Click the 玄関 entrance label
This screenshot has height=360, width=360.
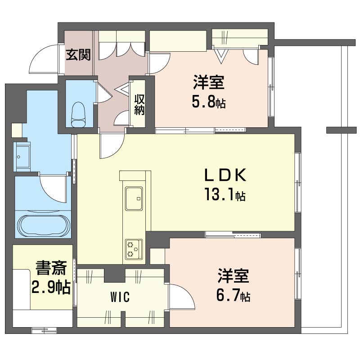tap(78, 54)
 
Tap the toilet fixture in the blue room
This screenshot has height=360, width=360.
tap(78, 114)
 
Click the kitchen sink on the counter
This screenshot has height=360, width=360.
tap(134, 198)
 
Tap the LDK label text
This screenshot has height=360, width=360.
tap(225, 175)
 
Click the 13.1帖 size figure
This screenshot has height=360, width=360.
tap(225, 195)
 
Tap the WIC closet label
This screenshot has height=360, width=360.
tap(120, 297)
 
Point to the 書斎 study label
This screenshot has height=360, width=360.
tap(51, 268)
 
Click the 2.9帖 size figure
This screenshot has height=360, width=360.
tap(51, 287)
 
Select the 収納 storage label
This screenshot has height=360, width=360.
tap(139, 104)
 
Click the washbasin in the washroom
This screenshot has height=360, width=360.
tap(22, 157)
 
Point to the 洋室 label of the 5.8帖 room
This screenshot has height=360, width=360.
tap(209, 82)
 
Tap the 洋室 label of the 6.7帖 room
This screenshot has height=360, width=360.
tap(234, 275)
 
